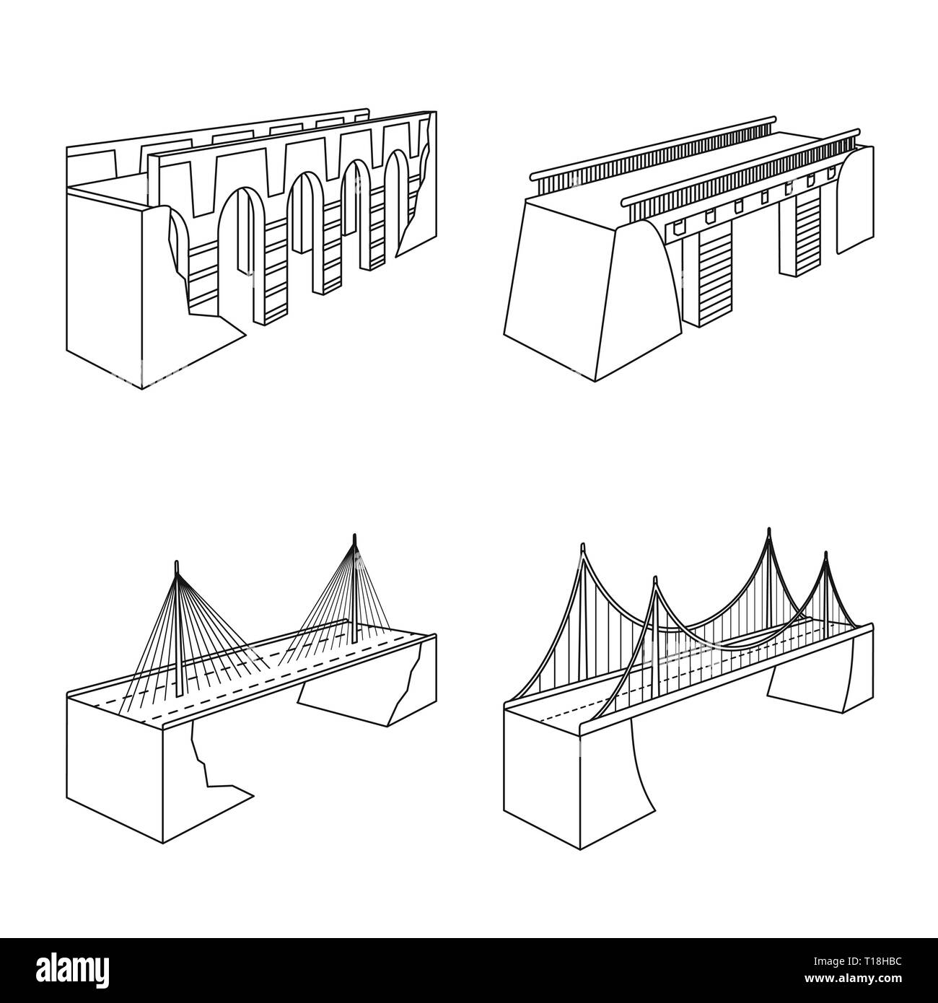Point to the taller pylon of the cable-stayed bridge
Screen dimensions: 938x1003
(x=354, y=588)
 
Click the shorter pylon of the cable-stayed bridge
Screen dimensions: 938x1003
(x=177, y=628)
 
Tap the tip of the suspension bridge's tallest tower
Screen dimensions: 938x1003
(x=768, y=529)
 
